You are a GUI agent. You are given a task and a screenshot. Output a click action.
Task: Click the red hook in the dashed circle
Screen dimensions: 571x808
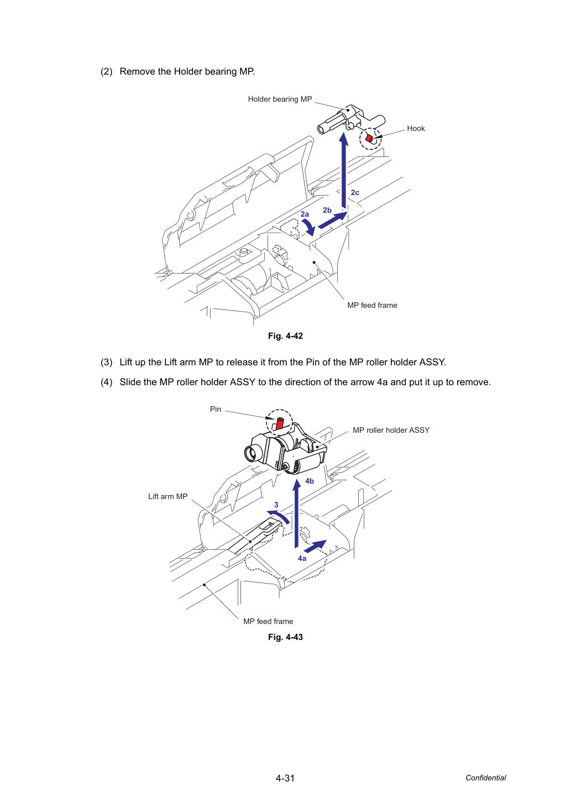click(x=369, y=138)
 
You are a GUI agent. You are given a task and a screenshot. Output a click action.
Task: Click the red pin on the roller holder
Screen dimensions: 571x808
click(x=280, y=423)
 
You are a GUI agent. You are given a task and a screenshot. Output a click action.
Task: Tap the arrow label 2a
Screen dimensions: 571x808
click(x=305, y=214)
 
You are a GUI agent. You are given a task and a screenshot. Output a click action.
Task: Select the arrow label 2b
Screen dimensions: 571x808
click(x=327, y=210)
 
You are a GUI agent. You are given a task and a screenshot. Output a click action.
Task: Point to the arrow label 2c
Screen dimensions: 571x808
click(x=355, y=193)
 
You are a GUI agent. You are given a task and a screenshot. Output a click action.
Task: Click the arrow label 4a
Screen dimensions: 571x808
click(x=302, y=558)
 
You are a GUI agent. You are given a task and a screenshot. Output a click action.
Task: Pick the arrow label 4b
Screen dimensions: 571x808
click(x=310, y=481)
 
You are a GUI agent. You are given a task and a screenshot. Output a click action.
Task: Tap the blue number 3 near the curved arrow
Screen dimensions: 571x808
click(x=276, y=505)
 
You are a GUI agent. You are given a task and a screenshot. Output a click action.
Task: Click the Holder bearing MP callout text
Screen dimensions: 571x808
click(x=280, y=99)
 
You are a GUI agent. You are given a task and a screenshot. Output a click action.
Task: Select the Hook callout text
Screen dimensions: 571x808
click(x=416, y=128)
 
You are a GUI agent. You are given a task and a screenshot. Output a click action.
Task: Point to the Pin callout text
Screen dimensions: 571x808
click(x=216, y=409)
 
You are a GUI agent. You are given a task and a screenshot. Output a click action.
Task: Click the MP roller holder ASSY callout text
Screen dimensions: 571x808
click(x=391, y=430)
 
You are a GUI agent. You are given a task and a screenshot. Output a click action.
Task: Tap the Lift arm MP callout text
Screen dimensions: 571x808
click(x=167, y=496)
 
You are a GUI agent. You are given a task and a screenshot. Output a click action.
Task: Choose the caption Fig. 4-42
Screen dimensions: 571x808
click(x=285, y=336)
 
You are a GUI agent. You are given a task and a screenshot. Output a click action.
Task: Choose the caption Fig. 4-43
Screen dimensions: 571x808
click(x=285, y=637)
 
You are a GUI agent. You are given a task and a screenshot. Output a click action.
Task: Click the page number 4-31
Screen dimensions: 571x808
click(x=285, y=778)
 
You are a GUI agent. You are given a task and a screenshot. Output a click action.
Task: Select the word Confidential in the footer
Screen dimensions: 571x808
click(x=485, y=778)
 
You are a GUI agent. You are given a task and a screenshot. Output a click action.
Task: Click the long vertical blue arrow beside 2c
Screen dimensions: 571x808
click(x=344, y=170)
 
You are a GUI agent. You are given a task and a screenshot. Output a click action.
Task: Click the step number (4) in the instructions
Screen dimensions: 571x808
click(x=107, y=382)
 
